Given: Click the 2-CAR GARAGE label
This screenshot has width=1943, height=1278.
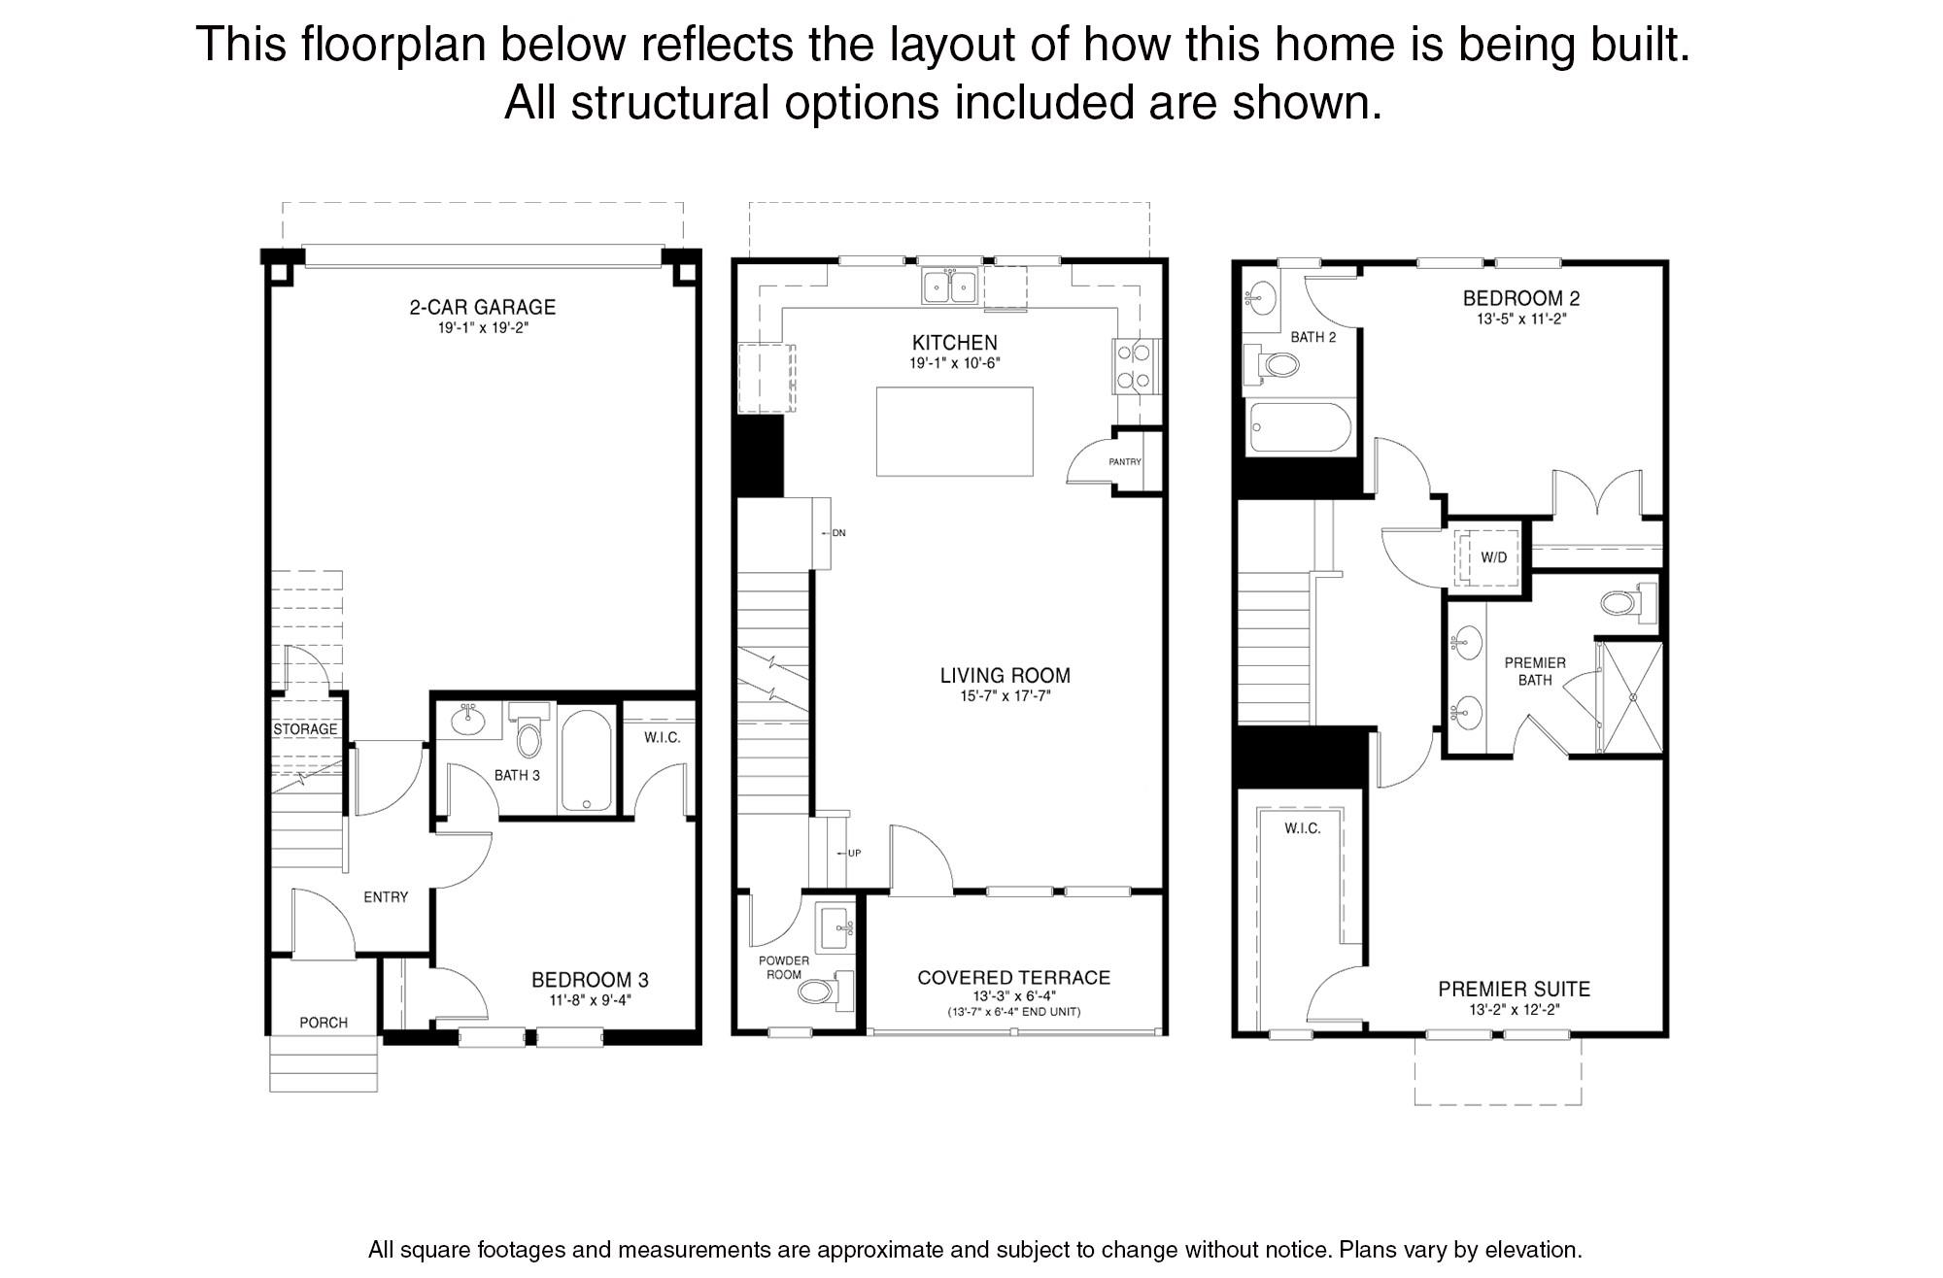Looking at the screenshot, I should click(x=482, y=307).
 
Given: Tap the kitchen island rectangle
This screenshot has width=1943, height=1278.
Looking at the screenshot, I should click(x=954, y=431).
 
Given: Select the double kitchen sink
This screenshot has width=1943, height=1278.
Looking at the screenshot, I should click(x=950, y=286).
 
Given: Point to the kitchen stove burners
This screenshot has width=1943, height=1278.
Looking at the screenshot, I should click(x=1134, y=366).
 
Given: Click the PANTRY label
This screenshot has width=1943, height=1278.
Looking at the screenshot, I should click(x=1124, y=462).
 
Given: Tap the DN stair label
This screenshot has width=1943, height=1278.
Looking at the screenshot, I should click(x=838, y=533).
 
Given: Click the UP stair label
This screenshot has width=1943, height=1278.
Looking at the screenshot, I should click(x=853, y=854).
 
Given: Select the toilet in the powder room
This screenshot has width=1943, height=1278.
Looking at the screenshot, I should click(x=819, y=991).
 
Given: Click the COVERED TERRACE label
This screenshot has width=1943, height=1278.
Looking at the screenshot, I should click(x=1013, y=978).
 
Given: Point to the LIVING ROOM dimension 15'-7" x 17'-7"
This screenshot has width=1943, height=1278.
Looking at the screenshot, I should click(x=1005, y=696).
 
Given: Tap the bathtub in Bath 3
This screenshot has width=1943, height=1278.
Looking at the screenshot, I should click(x=586, y=762).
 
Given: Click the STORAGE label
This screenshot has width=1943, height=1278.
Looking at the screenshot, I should click(x=305, y=729).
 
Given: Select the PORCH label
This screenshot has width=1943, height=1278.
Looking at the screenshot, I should click(x=324, y=1023).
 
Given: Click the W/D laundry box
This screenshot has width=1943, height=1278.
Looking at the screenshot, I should click(x=1492, y=557).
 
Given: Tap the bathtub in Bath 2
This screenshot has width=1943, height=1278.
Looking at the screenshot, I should click(x=1300, y=428).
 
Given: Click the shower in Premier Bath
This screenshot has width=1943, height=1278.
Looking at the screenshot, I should click(x=1632, y=696).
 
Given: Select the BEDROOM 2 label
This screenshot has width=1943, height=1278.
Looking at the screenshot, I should click(x=1515, y=298).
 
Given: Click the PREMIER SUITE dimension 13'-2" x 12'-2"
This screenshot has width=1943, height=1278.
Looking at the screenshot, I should click(x=1514, y=1010).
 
